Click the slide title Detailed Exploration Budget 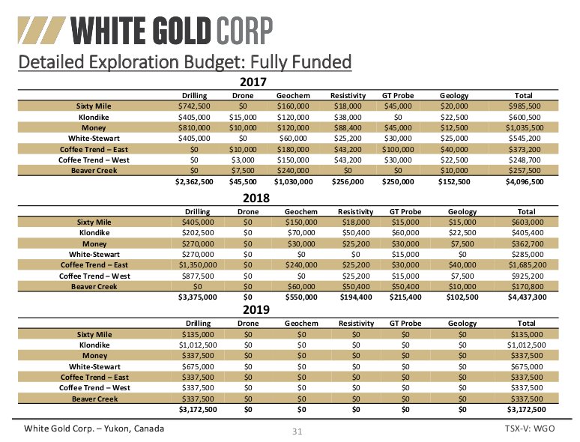(x=184, y=61)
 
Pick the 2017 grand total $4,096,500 (x=523, y=181)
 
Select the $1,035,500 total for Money (x=523, y=128)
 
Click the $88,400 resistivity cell (x=347, y=128)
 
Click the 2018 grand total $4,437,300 (x=523, y=297)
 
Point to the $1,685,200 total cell (x=523, y=264)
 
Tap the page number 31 (x=296, y=432)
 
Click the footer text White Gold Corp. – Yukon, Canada (x=94, y=429)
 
